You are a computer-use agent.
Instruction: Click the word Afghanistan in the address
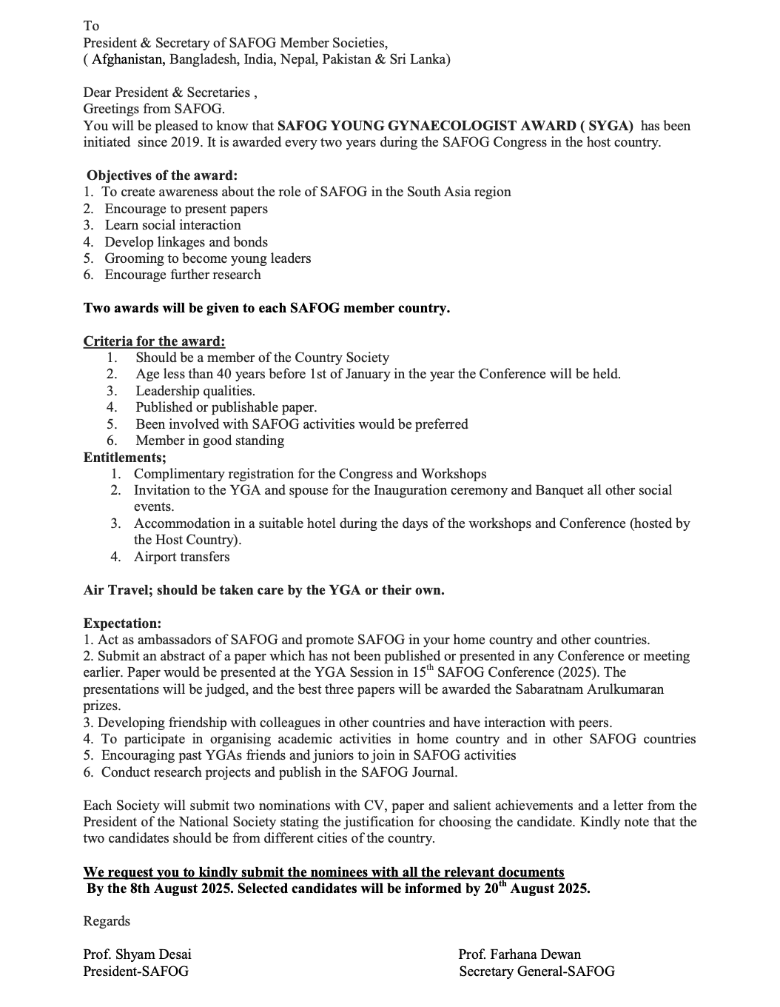(x=127, y=59)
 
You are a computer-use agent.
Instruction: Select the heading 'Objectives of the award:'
(x=162, y=175)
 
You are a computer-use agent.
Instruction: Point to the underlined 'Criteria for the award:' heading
(x=154, y=341)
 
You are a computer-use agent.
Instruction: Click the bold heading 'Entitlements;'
(x=124, y=457)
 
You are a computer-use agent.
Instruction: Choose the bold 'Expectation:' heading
(x=122, y=623)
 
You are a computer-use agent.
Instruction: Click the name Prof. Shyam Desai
(x=137, y=954)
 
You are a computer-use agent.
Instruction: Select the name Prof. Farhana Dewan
(x=520, y=954)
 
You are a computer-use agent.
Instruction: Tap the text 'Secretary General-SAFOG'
(x=537, y=971)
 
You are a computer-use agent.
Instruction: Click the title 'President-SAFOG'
(x=135, y=971)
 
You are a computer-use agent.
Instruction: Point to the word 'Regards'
(x=107, y=921)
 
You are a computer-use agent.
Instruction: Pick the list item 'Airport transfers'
(x=181, y=557)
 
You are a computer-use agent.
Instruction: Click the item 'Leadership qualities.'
(x=195, y=391)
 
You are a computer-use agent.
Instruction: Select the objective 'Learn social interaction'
(x=172, y=225)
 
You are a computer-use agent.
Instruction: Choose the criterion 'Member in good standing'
(x=209, y=441)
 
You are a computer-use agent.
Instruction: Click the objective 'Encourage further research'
(x=182, y=275)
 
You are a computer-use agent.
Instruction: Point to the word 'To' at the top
(x=91, y=26)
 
